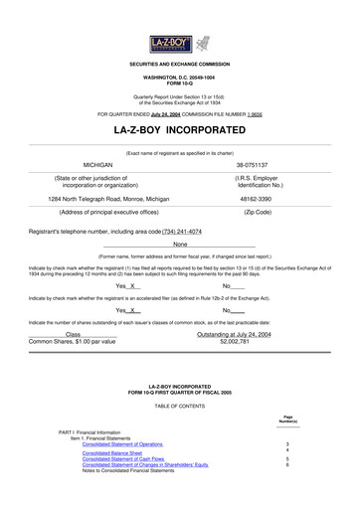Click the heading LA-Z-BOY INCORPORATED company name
coord(180,130)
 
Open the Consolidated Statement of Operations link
coord(122,443)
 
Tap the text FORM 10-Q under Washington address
coord(180,82)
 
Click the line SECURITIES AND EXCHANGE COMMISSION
coord(180,63)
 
